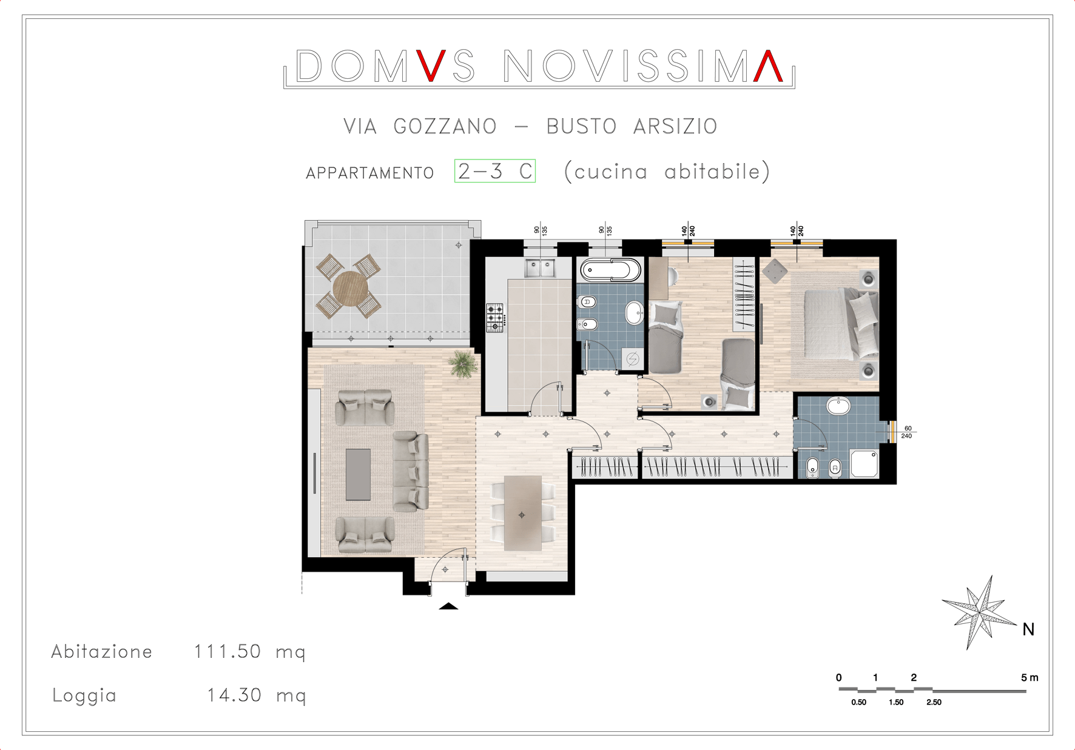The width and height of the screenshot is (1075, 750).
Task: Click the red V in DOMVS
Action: pos(431,65)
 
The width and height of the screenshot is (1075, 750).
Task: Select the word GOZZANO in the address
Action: pos(445,126)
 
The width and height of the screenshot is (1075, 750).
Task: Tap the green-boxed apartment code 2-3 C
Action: pos(495,171)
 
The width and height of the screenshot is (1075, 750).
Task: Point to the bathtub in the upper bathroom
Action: pos(610,270)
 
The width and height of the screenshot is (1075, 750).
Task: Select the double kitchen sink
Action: pos(540,267)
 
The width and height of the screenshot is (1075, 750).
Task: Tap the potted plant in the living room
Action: pos(463,364)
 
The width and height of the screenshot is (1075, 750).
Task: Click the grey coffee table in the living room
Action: pos(358,474)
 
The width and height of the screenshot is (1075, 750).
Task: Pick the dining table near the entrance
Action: pos(522,513)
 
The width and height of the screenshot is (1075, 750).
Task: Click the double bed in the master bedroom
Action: pos(841,325)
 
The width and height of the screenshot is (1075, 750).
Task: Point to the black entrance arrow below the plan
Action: pos(448,606)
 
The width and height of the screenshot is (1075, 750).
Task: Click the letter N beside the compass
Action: pos(1028,629)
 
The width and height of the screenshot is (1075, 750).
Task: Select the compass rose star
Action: pos(979,612)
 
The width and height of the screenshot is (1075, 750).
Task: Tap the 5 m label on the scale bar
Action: pos(1030,677)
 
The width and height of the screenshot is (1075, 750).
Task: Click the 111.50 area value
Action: pos(227,652)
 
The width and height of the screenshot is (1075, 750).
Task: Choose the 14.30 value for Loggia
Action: pos(234,695)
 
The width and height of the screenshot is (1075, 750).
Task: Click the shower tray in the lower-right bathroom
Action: pos(864,464)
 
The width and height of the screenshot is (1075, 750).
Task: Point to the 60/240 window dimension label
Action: pos(907,432)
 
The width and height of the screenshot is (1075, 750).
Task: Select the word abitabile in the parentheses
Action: pos(712,172)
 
